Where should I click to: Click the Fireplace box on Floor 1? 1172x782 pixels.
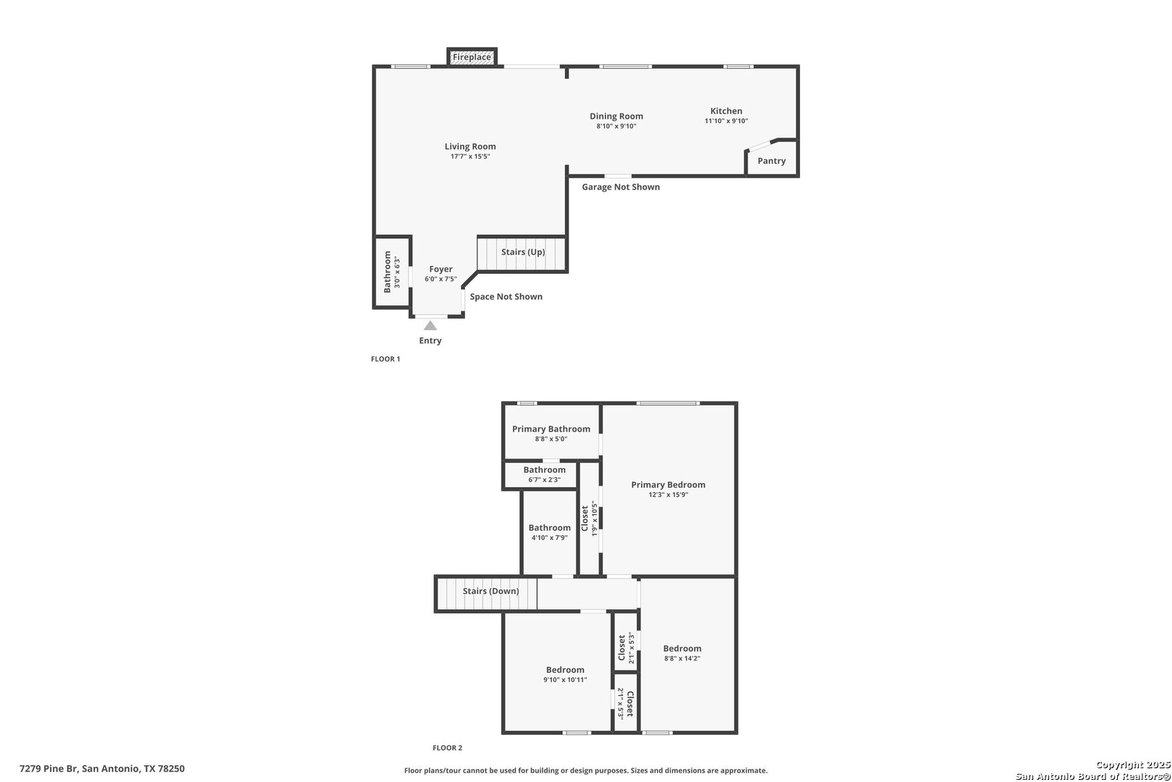472,56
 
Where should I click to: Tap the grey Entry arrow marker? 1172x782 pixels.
430,326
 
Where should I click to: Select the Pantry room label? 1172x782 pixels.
771,161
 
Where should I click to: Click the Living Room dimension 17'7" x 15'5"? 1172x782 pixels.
470,156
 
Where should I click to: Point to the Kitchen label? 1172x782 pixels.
726,111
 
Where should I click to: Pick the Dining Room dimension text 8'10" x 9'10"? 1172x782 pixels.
616,126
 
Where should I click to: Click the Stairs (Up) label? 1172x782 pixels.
523,252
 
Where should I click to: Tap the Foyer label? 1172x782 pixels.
441,269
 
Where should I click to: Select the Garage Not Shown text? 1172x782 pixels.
621,187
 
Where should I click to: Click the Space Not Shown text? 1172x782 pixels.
506,296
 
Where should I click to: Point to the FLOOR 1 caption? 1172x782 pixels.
386,359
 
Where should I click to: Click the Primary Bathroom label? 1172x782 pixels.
551,429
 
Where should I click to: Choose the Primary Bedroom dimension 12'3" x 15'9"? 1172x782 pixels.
668,495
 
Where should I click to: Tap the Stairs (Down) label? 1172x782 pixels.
491,591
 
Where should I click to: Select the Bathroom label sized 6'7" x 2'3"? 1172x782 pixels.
544,470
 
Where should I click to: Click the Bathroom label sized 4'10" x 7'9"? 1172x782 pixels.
549,528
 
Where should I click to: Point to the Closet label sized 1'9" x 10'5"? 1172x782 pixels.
585,518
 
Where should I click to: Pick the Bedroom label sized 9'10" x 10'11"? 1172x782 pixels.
565,670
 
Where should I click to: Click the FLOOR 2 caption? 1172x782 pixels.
447,748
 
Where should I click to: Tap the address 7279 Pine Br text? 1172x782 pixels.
48,769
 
